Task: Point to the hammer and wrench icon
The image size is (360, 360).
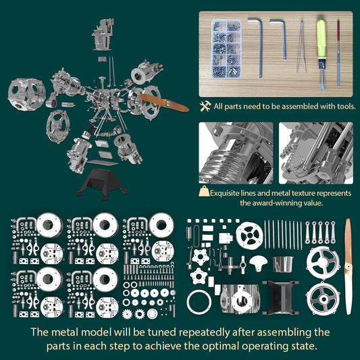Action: pyautogui.click(x=206, y=106)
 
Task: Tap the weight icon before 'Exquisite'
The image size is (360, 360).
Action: pyautogui.click(x=203, y=192)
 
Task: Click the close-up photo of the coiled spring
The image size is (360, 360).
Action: pyautogui.click(x=236, y=153)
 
